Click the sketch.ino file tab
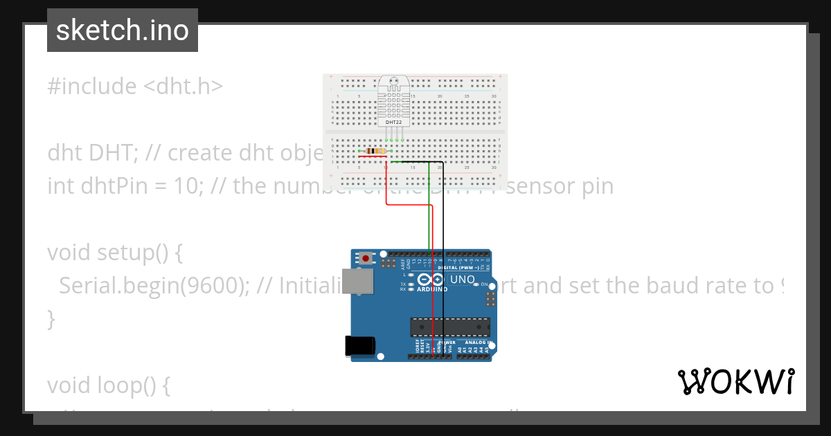tap(123, 30)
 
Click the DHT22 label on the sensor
tap(393, 122)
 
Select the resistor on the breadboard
tap(375, 151)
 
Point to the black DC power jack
tap(359, 346)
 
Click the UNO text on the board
tap(463, 280)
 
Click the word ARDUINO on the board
tap(432, 289)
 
